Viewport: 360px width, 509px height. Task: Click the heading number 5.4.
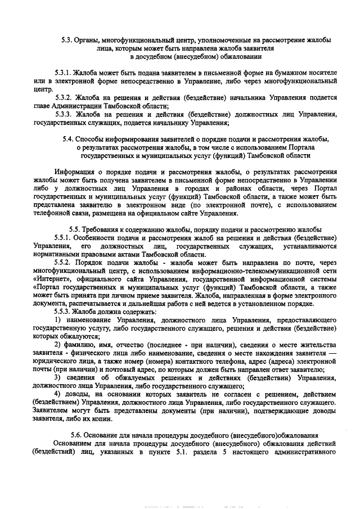[68, 138]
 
